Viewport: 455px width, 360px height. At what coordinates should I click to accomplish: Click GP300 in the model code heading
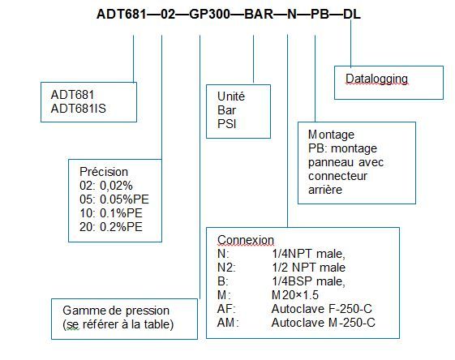point(209,14)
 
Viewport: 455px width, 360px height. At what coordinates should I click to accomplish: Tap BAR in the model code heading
point(259,14)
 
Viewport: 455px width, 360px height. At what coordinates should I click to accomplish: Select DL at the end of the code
point(352,14)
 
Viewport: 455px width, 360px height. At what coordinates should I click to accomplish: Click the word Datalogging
point(376,79)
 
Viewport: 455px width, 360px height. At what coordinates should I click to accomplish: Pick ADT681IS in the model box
point(79,109)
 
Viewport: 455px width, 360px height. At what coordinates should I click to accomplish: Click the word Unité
point(231,96)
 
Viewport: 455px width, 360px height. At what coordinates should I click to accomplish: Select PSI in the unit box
point(226,124)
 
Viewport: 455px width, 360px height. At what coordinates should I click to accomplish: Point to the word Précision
point(104,171)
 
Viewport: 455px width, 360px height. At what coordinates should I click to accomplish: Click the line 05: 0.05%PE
point(114,199)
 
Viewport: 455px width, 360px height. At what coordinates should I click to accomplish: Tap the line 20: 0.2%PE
point(111,227)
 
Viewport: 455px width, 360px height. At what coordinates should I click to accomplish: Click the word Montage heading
point(331,135)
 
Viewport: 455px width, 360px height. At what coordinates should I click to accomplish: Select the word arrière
point(325,190)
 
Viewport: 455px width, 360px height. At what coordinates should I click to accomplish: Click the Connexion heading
point(246,240)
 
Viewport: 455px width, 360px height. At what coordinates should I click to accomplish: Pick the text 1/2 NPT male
point(308,268)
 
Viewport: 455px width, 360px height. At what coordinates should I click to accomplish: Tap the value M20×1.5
point(295,295)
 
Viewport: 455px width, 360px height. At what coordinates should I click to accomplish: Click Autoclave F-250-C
point(322,309)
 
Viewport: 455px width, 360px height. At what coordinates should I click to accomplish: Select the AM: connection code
point(228,323)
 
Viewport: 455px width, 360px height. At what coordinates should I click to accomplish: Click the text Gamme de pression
point(116,311)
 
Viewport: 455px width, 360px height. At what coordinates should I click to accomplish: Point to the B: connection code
point(223,281)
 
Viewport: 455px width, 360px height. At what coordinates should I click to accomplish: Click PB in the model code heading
point(320,14)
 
